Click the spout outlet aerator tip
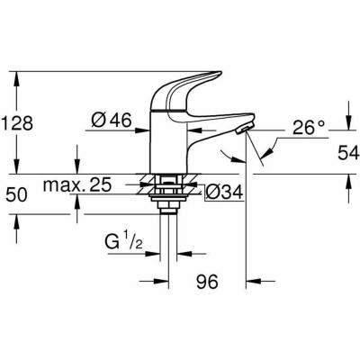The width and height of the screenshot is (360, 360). point(239,132)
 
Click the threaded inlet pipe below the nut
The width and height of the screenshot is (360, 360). point(167,225)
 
